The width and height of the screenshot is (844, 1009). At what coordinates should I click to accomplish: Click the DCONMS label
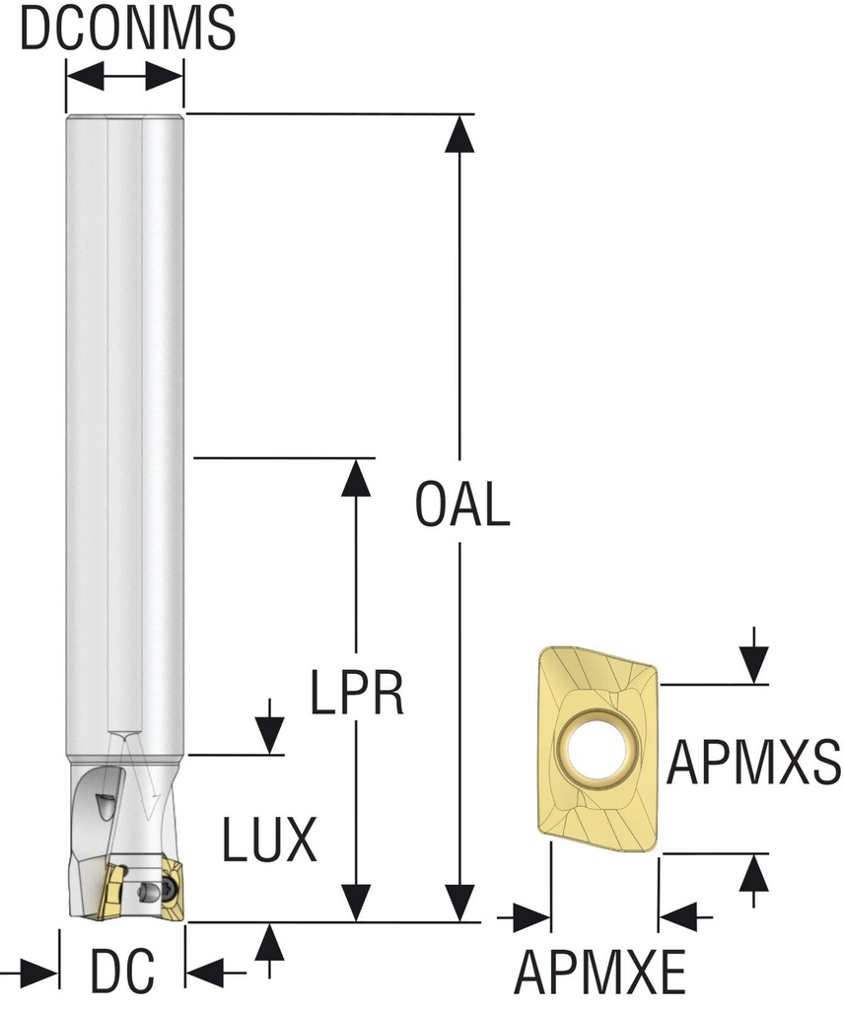127,30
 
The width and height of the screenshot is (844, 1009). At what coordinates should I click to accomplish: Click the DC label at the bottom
122,974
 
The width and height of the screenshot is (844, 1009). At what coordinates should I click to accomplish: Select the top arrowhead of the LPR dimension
357,477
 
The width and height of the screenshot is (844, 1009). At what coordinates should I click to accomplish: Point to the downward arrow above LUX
269,730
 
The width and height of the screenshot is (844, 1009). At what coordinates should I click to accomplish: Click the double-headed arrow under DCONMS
124,77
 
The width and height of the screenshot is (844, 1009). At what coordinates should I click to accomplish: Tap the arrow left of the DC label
34,974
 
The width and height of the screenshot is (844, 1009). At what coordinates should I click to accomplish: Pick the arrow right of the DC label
211,974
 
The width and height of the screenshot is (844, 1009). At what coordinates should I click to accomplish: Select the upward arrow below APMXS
754,878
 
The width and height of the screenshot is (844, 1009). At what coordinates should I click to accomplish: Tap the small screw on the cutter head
148,891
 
